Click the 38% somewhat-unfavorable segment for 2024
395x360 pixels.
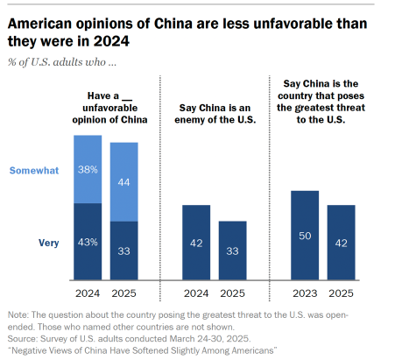[x=88, y=169]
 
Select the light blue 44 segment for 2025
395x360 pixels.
[x=123, y=182]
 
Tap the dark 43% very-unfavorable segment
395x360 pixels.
[x=88, y=242]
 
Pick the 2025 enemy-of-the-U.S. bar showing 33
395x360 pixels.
[x=232, y=251]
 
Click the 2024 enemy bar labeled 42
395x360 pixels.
[x=196, y=243]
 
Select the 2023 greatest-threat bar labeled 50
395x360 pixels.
[x=305, y=236]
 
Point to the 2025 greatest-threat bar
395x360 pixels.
[x=341, y=243]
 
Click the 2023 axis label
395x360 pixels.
[x=305, y=293]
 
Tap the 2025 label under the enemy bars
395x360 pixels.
[x=232, y=293]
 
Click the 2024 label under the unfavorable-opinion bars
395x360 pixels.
[x=88, y=293]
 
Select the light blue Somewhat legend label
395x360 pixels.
[x=34, y=170]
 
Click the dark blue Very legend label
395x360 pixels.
[x=49, y=243]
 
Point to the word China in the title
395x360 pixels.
[x=173, y=24]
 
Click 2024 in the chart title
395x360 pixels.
[x=111, y=41]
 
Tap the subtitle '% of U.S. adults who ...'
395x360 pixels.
[x=62, y=62]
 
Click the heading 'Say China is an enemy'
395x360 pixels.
[x=215, y=108]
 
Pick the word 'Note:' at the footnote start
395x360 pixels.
[x=18, y=314]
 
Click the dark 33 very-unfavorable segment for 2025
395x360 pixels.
[x=123, y=251]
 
